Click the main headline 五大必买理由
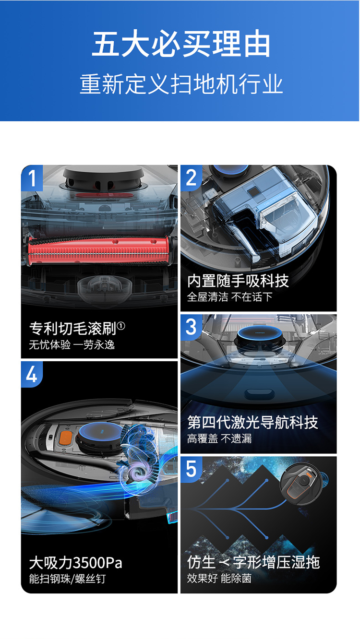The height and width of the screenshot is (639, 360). pos(180,43)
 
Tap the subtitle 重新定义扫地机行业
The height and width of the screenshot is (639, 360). pos(181,84)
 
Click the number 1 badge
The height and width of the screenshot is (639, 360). pos(32,178)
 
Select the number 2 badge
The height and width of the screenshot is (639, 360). pos(191,177)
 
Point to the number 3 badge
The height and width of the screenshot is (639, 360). pos(191,327)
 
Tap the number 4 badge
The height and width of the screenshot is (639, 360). pos(32,374)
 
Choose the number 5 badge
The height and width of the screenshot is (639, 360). pos(191,469)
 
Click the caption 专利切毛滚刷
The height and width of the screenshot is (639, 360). pos(73,328)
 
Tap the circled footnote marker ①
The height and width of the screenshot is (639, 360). pos(121,325)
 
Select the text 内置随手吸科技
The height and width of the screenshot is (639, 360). pos(238,281)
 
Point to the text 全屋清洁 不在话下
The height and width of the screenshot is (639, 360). pos(230,297)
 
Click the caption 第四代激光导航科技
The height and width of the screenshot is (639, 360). pos(252,422)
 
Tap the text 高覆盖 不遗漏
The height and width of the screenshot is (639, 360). pos(219,438)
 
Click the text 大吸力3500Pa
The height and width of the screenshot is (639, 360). pos(76,563)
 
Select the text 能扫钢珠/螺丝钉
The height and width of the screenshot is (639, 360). pos(67,579)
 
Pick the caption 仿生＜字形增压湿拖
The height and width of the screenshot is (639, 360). pos(253,562)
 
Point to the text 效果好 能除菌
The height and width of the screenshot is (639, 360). pos(219,578)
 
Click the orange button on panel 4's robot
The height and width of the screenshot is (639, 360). pos(66,438)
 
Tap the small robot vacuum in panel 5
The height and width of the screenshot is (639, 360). pos(302,483)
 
